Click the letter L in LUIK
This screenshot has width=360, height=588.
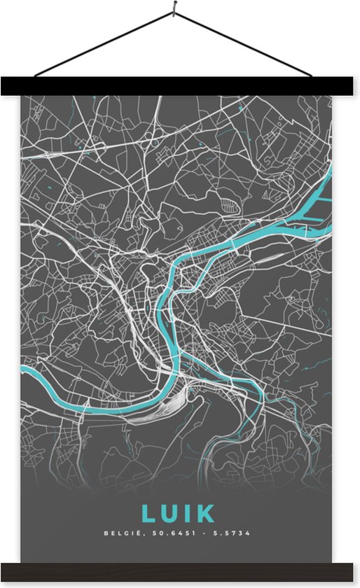coord(148,514)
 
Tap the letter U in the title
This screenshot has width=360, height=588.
coord(171,514)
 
